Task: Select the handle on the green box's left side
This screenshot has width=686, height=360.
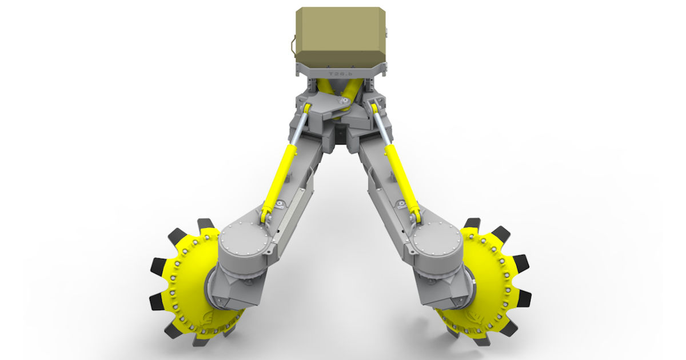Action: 293,47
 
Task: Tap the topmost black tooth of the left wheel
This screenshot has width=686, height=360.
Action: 205,224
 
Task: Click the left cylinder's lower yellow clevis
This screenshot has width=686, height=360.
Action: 266,216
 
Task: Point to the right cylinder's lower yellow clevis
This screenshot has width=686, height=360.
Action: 415,216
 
